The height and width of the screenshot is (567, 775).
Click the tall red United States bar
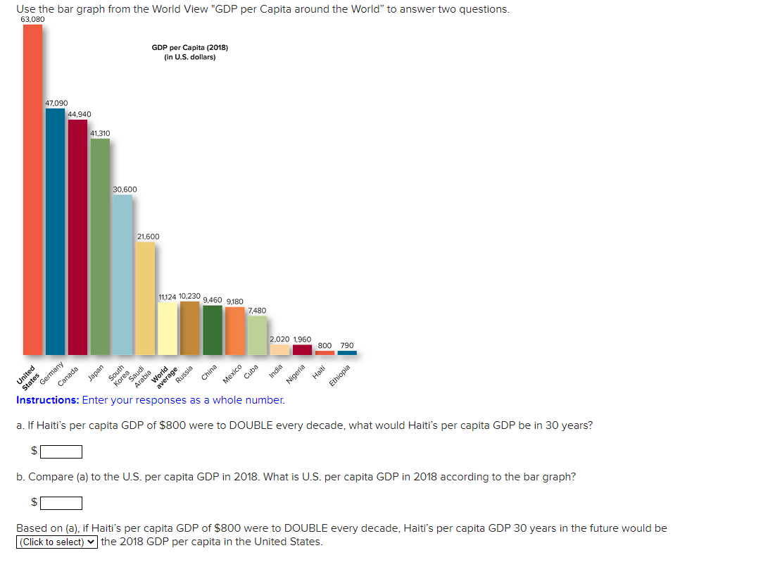pos(32,190)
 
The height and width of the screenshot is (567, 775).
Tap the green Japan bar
pos(100,247)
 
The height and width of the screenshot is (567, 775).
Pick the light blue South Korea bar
pos(122,275)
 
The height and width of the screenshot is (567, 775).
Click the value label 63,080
pos(32,19)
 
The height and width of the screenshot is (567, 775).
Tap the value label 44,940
pos(79,114)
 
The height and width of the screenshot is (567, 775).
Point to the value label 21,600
pos(148,237)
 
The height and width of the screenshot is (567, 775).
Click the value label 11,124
pos(168,297)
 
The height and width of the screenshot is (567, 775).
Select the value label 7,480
pos(258,310)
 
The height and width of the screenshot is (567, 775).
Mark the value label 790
pos(347,345)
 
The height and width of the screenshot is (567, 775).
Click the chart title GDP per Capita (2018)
pos(190,48)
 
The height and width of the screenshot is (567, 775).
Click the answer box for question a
pos(61,451)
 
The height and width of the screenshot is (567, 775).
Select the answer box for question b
pos(61,503)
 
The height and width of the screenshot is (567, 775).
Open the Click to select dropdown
pos(57,542)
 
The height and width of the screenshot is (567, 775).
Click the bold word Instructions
pos(47,400)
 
